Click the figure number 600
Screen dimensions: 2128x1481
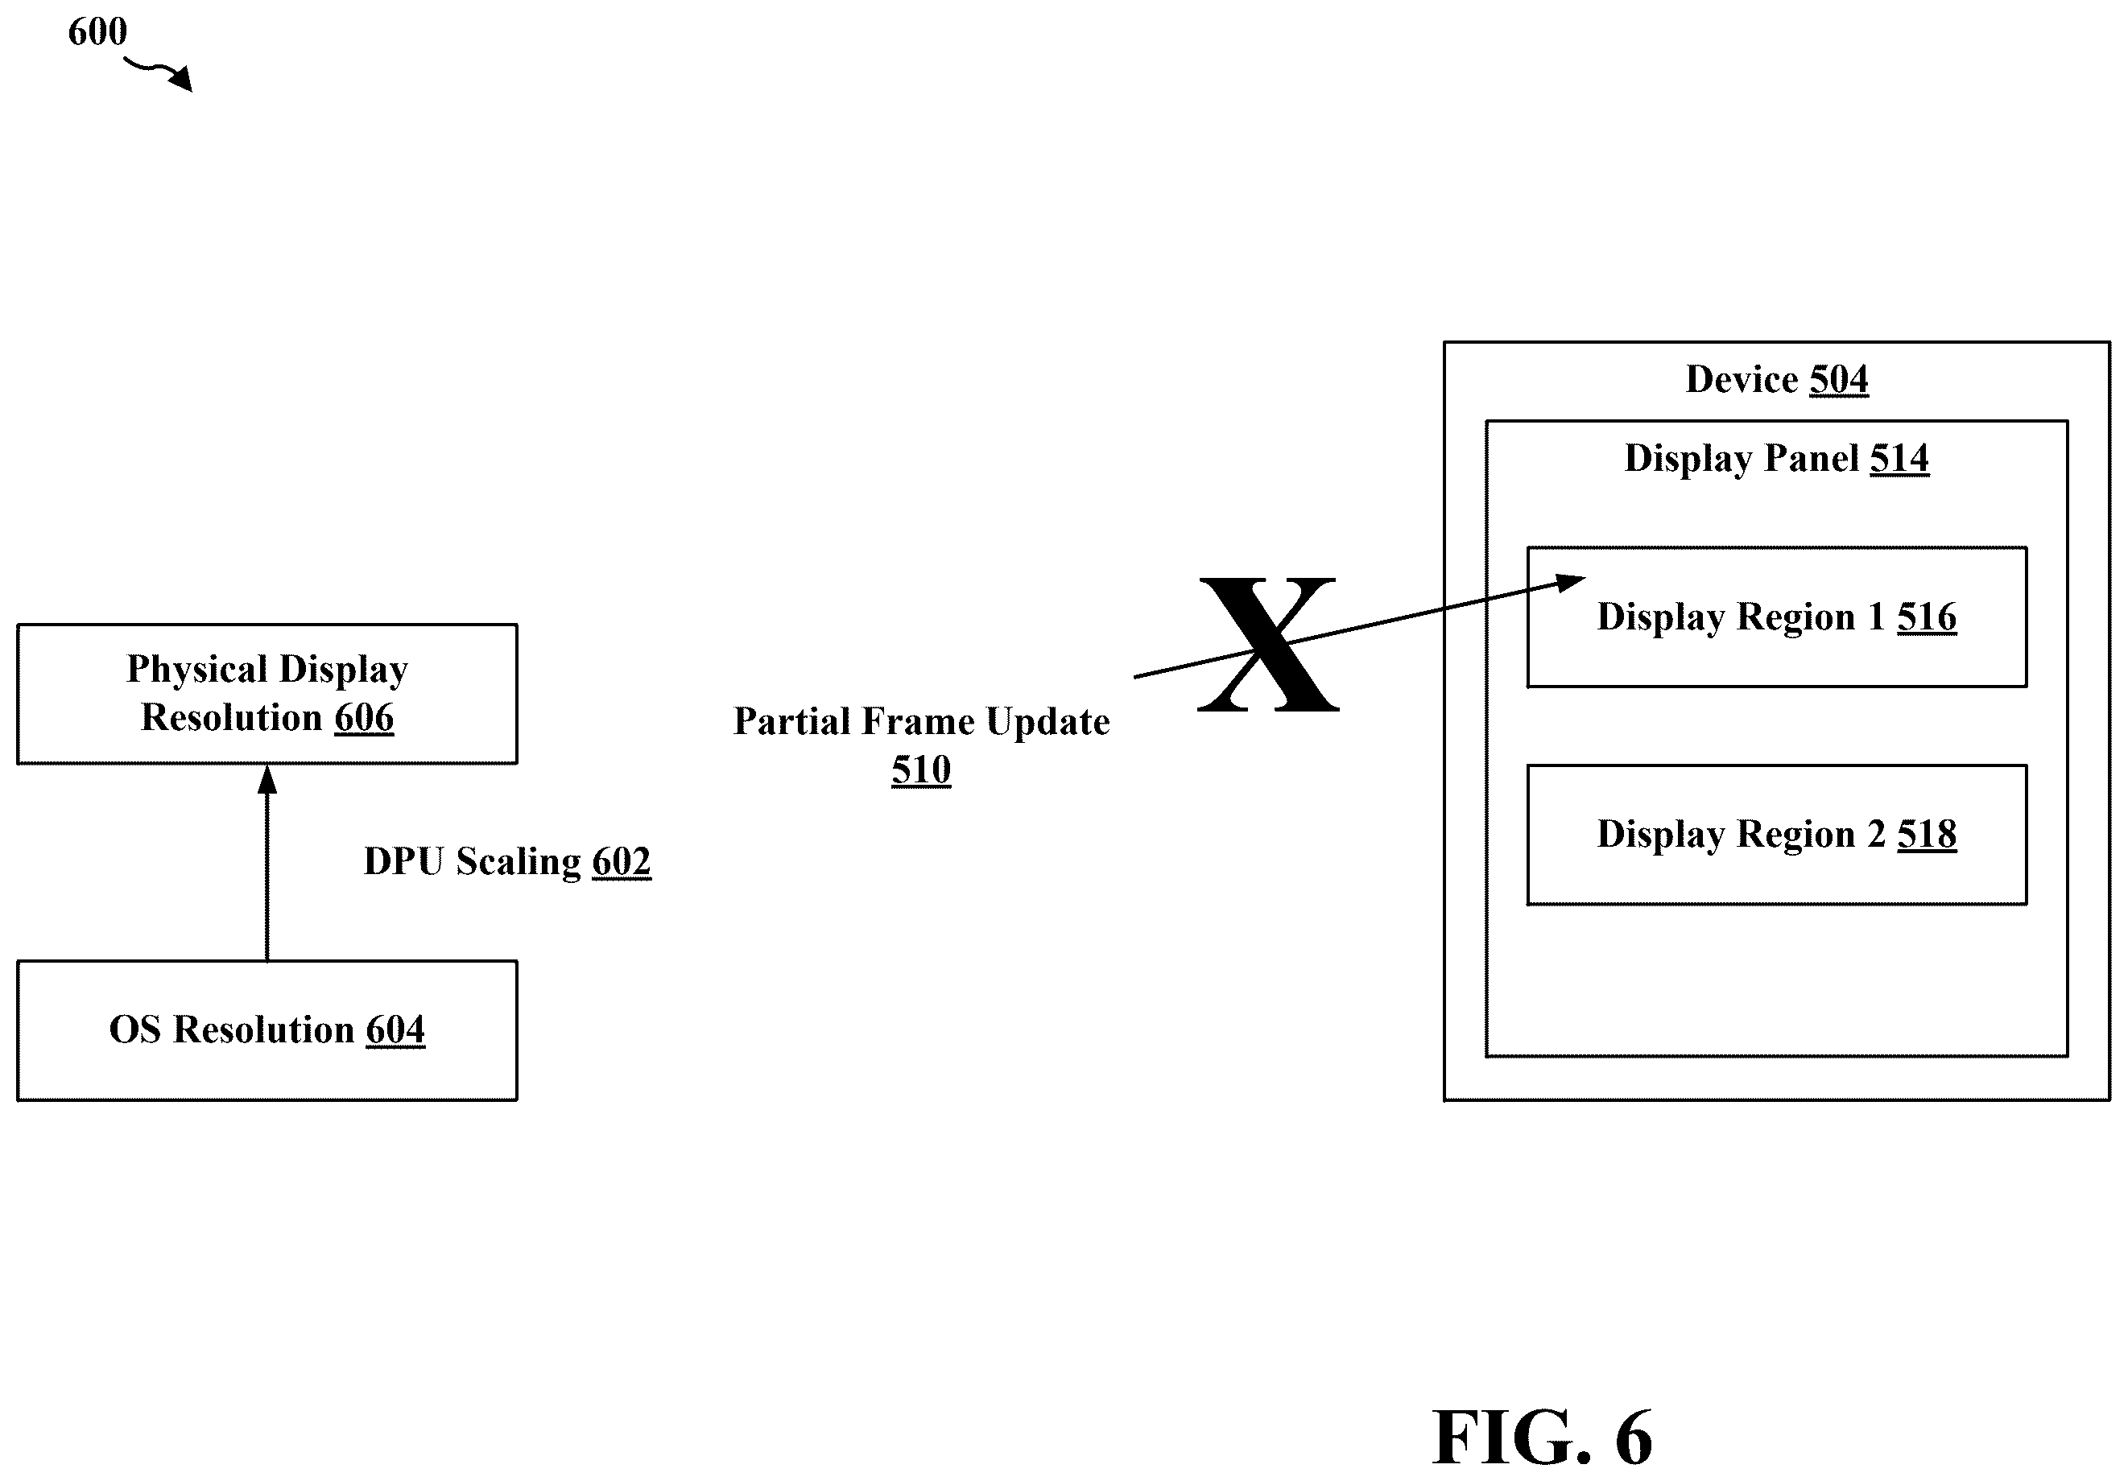tap(97, 31)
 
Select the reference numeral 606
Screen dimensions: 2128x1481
tap(364, 717)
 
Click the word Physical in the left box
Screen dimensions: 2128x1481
tap(196, 669)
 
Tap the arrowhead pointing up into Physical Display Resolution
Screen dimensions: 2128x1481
tap(267, 779)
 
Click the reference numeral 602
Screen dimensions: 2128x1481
tap(622, 861)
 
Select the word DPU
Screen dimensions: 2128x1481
tap(404, 861)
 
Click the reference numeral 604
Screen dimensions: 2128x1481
tap(396, 1029)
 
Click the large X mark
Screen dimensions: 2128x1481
tap(1268, 645)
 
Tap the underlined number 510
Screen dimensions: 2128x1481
tap(921, 769)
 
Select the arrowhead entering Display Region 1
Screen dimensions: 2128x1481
tap(1570, 583)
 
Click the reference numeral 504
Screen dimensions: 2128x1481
tap(1839, 379)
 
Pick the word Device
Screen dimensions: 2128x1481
tap(1742, 379)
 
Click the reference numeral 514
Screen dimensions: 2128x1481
tap(1899, 458)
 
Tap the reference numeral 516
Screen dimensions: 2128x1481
tap(1927, 617)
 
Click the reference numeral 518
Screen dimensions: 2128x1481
tap(1927, 834)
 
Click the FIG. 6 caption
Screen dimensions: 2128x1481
tap(1542, 1438)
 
